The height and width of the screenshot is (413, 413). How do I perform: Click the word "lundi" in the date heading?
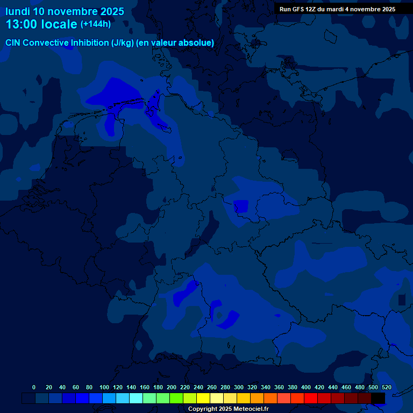pos(17,11)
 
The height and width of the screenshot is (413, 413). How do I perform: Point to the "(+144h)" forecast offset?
pos(95,24)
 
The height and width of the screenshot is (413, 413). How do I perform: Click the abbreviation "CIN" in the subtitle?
pos(13,43)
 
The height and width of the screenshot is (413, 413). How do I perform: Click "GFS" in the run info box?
pos(298,9)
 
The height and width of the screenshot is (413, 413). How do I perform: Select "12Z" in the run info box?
pos(313,9)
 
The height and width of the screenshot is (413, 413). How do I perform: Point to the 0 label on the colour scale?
pos(34,387)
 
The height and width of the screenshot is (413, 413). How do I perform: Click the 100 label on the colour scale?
pos(104,387)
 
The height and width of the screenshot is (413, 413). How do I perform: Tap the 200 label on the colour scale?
pos(172,387)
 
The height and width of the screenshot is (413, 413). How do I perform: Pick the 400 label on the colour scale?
pos(306,387)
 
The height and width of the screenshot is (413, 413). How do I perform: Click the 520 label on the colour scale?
pos(386,387)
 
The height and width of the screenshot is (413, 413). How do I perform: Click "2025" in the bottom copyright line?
pos(224,409)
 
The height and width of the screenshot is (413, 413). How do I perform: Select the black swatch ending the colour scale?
pos(378,398)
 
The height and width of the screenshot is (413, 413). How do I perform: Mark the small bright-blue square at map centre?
pos(240,206)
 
